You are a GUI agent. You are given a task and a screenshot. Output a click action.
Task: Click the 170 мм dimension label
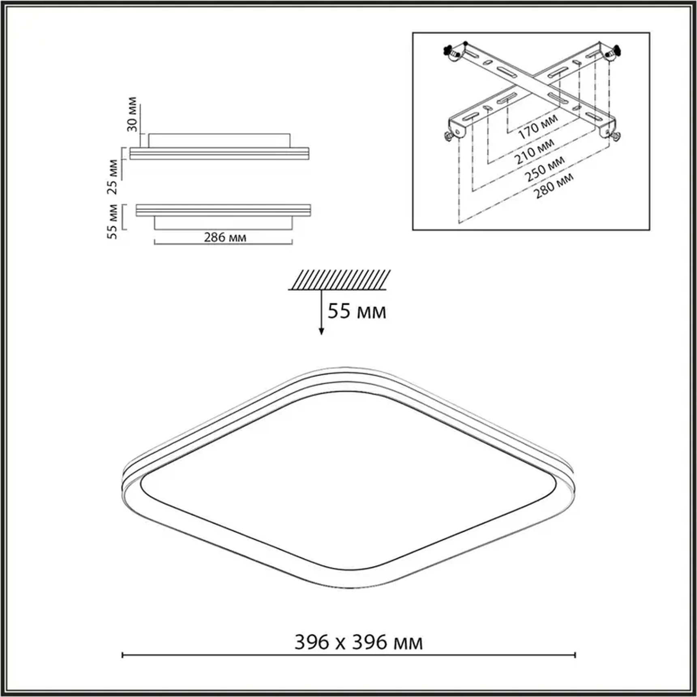[538, 126]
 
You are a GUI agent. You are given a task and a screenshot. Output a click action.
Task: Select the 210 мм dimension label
[535, 151]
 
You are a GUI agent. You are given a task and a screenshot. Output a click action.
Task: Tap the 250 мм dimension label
[545, 169]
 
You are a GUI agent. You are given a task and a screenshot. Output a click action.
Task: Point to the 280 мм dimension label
[554, 186]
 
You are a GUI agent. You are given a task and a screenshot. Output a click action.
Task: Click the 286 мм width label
[225, 237]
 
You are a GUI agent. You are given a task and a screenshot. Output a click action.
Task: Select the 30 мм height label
[132, 114]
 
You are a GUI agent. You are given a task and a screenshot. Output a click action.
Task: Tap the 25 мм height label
[113, 177]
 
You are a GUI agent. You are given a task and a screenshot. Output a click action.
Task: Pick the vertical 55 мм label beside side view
[113, 222]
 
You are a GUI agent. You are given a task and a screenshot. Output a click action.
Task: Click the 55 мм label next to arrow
[357, 312]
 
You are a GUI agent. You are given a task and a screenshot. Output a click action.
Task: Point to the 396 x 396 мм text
[358, 642]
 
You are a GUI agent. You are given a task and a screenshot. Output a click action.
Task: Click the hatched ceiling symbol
[340, 280]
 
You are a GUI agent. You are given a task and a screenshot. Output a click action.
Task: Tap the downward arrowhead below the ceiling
[321, 331]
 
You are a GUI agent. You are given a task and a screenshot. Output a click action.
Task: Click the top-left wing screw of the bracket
[450, 51]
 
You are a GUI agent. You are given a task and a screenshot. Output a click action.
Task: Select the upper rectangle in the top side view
[219, 141]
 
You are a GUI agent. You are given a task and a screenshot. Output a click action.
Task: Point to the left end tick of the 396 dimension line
[122, 655]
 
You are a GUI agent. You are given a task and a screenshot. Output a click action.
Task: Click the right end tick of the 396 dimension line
[575, 655]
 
